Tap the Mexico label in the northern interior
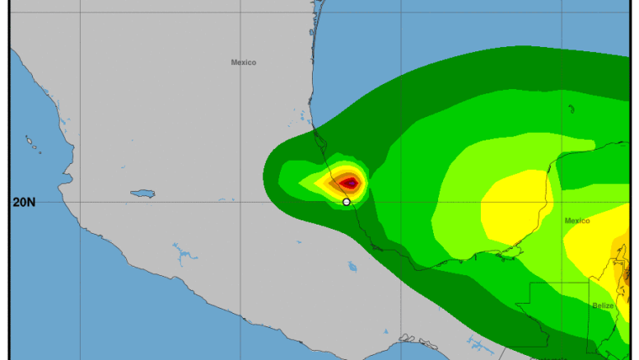(243, 62)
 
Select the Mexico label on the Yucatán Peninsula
(577, 220)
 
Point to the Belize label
(602, 305)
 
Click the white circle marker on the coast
(346, 202)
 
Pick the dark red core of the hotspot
(350, 182)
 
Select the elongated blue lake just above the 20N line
(142, 193)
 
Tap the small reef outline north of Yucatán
(571, 109)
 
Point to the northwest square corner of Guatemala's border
(530, 284)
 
